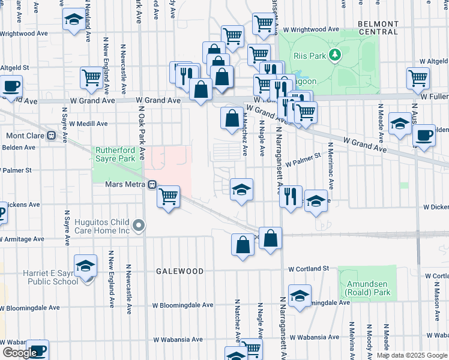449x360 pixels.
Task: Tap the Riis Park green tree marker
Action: [335, 55]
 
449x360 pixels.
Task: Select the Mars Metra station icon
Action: [152, 184]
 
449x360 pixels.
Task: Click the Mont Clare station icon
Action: [51, 136]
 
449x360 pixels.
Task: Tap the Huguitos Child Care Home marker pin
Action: [139, 226]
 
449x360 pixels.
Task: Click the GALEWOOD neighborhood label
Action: [179, 271]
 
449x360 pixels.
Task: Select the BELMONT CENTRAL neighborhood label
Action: [378, 27]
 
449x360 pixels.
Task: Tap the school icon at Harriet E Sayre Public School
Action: [85, 266]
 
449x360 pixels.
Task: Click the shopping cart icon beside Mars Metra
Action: [169, 196]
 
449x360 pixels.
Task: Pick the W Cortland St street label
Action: [309, 268]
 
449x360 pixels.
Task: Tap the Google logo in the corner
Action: [19, 353]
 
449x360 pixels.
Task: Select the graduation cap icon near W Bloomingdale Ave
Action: [300, 295]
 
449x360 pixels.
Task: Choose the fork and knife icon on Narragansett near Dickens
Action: [291, 196]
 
